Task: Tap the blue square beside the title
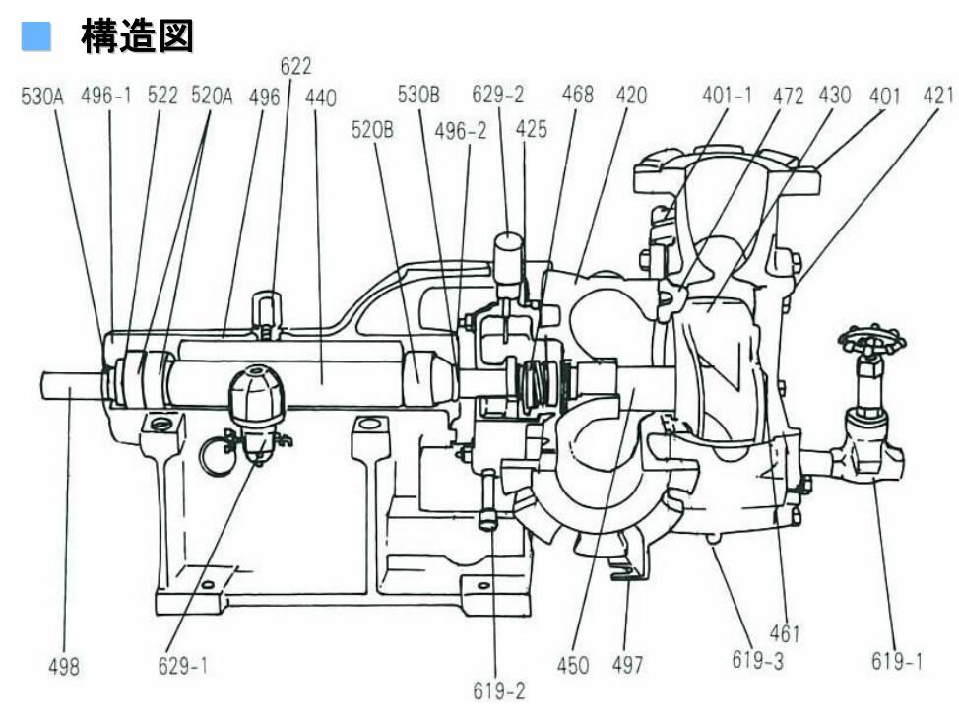tap(36, 38)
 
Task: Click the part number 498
tap(64, 667)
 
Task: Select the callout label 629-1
tap(183, 667)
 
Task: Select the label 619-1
tap(897, 660)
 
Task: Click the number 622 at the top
tap(295, 67)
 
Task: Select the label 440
tap(320, 97)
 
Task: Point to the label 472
tap(787, 97)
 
